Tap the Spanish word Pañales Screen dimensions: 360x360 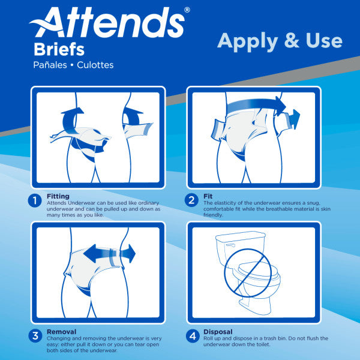click(53, 64)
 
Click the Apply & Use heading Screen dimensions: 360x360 click(280, 41)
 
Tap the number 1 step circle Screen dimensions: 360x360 click(35, 200)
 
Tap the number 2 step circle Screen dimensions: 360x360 click(192, 200)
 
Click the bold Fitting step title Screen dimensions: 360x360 click(58, 196)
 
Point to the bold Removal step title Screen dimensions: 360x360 click(61, 331)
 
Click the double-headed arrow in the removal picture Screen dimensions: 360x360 click(109, 253)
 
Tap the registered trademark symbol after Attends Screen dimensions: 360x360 click(187, 10)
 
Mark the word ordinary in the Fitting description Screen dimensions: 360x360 click(146, 203)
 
